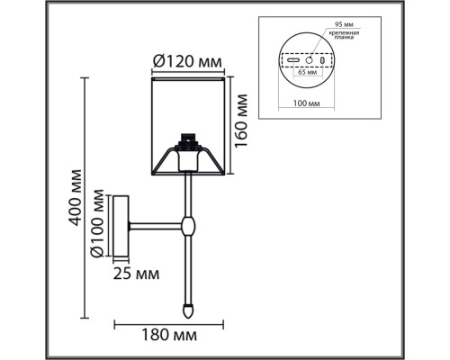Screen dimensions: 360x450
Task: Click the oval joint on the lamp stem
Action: coord(189,224)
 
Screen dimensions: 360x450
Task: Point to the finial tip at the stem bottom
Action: coord(189,309)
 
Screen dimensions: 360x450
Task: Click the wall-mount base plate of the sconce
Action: coord(122,224)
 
